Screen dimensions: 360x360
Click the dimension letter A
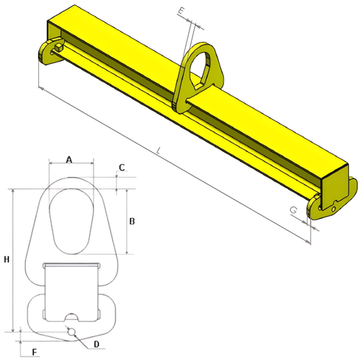click(x=69, y=159)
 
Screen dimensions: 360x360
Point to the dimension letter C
click(x=121, y=167)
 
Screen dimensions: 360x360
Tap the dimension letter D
click(x=96, y=344)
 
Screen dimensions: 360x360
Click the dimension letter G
click(x=294, y=211)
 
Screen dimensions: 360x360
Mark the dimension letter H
click(x=7, y=260)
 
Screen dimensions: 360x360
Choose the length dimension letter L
click(x=158, y=152)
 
